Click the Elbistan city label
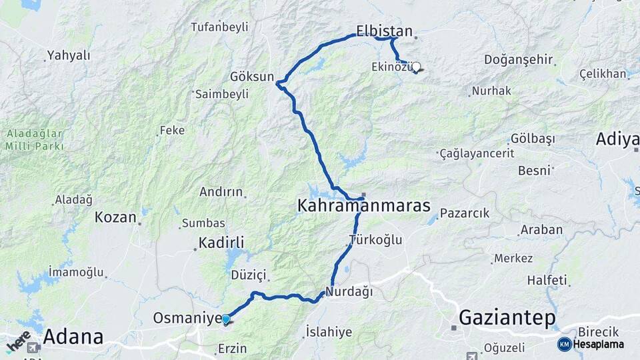point(385,31)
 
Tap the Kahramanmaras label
point(363,206)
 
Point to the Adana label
point(73,337)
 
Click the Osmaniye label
point(186,319)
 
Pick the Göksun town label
point(252,77)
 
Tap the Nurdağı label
point(349,292)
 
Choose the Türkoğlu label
point(375,240)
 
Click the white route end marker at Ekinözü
point(416,67)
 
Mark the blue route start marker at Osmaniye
point(226,319)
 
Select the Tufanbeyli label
point(219,27)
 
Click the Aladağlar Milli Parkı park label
point(35,140)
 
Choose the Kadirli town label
point(221,243)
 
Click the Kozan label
point(116,217)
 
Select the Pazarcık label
point(464,213)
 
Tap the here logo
point(18,341)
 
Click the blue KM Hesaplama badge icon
point(564,344)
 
